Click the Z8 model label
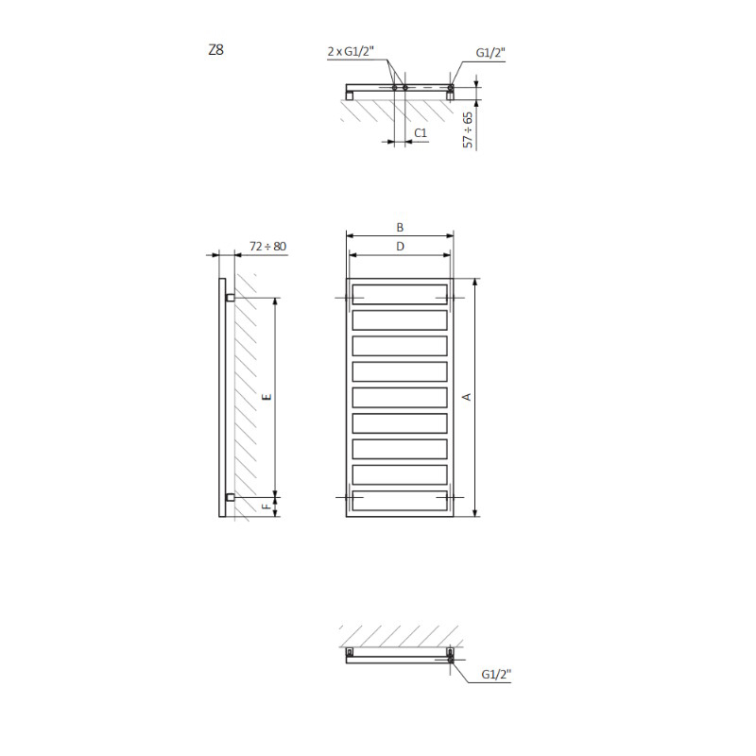tap(216, 50)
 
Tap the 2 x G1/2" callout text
tap(351, 51)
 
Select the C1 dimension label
tap(421, 132)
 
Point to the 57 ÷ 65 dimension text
tap(468, 129)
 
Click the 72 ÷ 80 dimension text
tap(268, 247)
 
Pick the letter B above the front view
tap(400, 228)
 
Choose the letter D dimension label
tap(400, 247)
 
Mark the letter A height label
tap(466, 397)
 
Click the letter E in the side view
tap(266, 397)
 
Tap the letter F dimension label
tap(266, 507)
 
